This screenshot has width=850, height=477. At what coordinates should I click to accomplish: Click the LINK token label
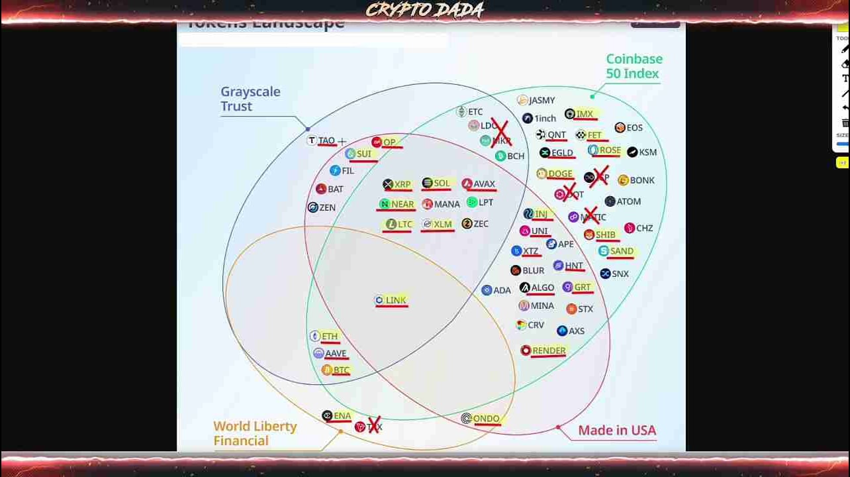(396, 300)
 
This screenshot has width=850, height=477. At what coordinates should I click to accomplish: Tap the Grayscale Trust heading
(250, 99)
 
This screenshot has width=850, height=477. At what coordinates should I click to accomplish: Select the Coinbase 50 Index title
(634, 66)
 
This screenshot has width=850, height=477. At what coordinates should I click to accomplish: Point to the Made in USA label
(617, 431)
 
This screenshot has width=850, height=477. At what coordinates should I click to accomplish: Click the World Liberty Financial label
(255, 433)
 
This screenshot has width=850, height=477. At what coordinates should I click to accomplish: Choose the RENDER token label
(549, 350)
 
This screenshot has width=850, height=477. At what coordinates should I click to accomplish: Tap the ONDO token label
(486, 419)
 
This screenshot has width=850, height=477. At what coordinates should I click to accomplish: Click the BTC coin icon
(326, 370)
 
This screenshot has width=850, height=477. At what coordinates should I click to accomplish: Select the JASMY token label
(542, 101)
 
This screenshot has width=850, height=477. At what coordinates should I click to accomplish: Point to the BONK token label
(641, 180)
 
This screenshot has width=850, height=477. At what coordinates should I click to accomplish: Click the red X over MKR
(501, 133)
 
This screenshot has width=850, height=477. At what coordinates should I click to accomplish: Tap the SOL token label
(442, 184)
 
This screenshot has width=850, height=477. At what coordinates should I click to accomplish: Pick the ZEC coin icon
(467, 224)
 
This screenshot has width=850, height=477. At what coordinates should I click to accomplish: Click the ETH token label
(330, 337)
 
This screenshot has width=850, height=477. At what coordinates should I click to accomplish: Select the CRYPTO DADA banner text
(424, 10)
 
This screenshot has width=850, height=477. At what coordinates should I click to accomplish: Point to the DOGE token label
(559, 174)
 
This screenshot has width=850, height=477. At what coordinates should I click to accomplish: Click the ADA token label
(502, 290)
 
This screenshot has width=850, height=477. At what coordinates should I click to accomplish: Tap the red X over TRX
(374, 425)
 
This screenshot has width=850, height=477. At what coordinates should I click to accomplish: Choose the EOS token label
(634, 128)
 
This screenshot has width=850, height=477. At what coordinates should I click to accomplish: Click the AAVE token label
(336, 354)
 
